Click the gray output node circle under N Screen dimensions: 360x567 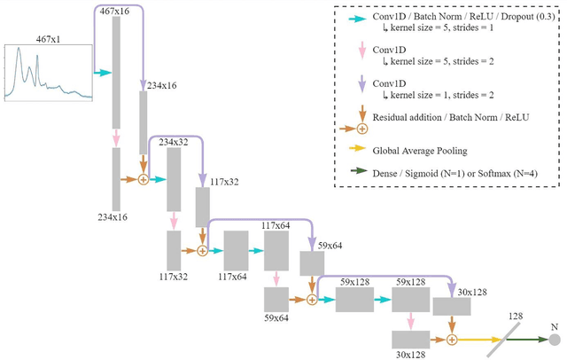(555, 340)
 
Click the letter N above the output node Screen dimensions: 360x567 (555, 325)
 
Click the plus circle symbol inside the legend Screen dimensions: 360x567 (362, 129)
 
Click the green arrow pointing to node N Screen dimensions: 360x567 (530, 340)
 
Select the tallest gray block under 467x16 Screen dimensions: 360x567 (117, 72)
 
